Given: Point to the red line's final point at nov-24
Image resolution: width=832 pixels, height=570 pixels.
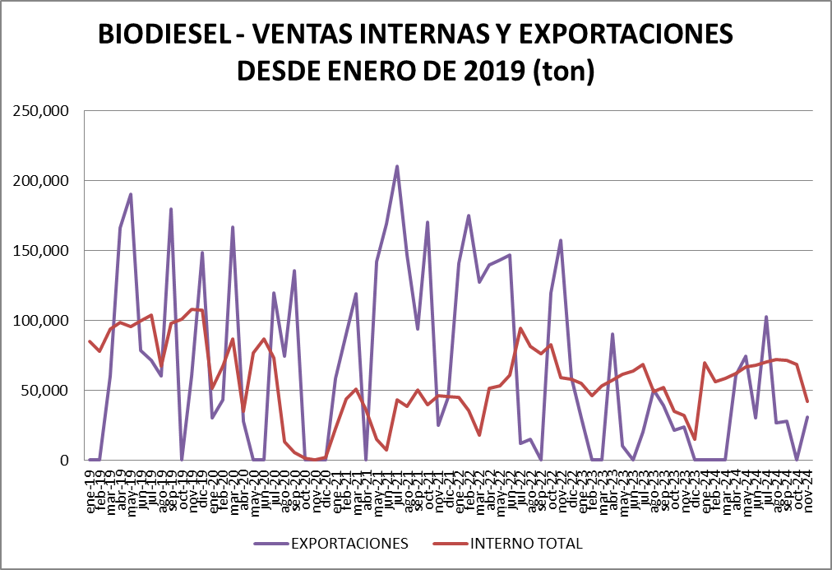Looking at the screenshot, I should tap(807, 401).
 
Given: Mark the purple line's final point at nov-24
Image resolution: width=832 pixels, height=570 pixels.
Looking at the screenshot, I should tap(807, 417).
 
